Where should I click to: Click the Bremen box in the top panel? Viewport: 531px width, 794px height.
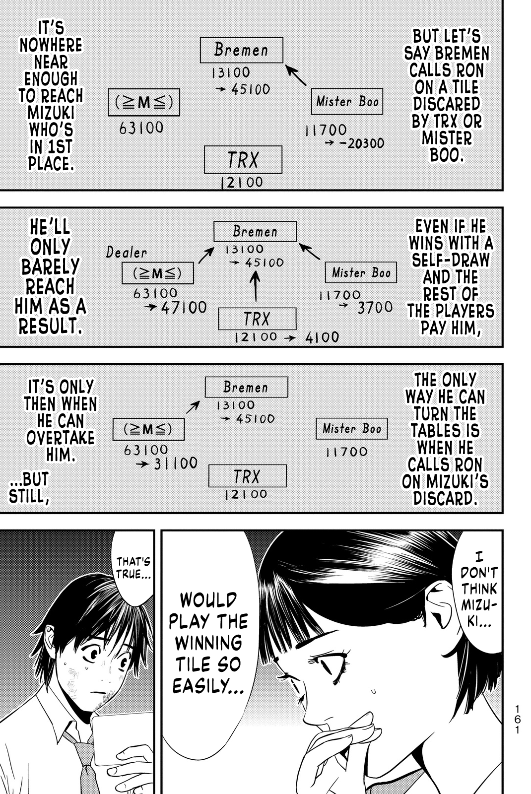click(x=241, y=50)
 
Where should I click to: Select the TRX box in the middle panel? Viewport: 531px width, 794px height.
click(x=257, y=319)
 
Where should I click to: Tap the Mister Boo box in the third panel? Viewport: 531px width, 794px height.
click(x=351, y=428)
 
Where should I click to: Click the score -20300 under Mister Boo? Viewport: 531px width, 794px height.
click(x=361, y=143)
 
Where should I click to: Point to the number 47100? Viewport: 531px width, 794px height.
click(x=184, y=308)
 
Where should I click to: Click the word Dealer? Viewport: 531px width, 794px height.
click(x=127, y=252)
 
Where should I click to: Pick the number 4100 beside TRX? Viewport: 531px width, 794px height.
click(x=322, y=337)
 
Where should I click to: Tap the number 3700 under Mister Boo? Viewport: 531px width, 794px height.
click(x=375, y=308)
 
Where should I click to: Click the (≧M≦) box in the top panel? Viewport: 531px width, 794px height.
click(x=143, y=103)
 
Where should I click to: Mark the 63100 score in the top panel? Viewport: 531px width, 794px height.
click(x=141, y=128)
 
